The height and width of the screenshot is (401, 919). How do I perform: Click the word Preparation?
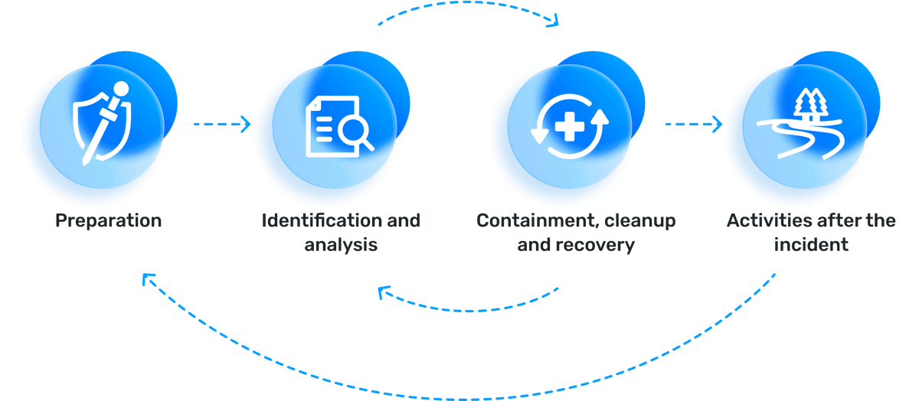(x=108, y=221)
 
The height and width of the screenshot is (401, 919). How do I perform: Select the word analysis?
(x=341, y=245)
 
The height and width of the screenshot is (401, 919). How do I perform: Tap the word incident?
(x=811, y=245)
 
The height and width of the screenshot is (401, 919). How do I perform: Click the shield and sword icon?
(x=103, y=123)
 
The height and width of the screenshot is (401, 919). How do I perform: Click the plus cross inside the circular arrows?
(x=570, y=126)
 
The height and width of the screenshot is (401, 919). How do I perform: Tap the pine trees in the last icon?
(x=811, y=104)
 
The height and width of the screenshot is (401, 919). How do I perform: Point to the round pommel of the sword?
(x=121, y=90)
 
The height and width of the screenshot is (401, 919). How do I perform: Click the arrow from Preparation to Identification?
(x=222, y=124)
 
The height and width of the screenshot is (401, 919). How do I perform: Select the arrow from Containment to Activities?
(x=693, y=124)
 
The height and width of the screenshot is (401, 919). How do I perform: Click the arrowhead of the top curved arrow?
(x=553, y=20)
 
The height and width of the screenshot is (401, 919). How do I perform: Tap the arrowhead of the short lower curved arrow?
(x=384, y=292)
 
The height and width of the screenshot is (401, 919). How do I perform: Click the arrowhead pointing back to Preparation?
(x=149, y=279)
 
